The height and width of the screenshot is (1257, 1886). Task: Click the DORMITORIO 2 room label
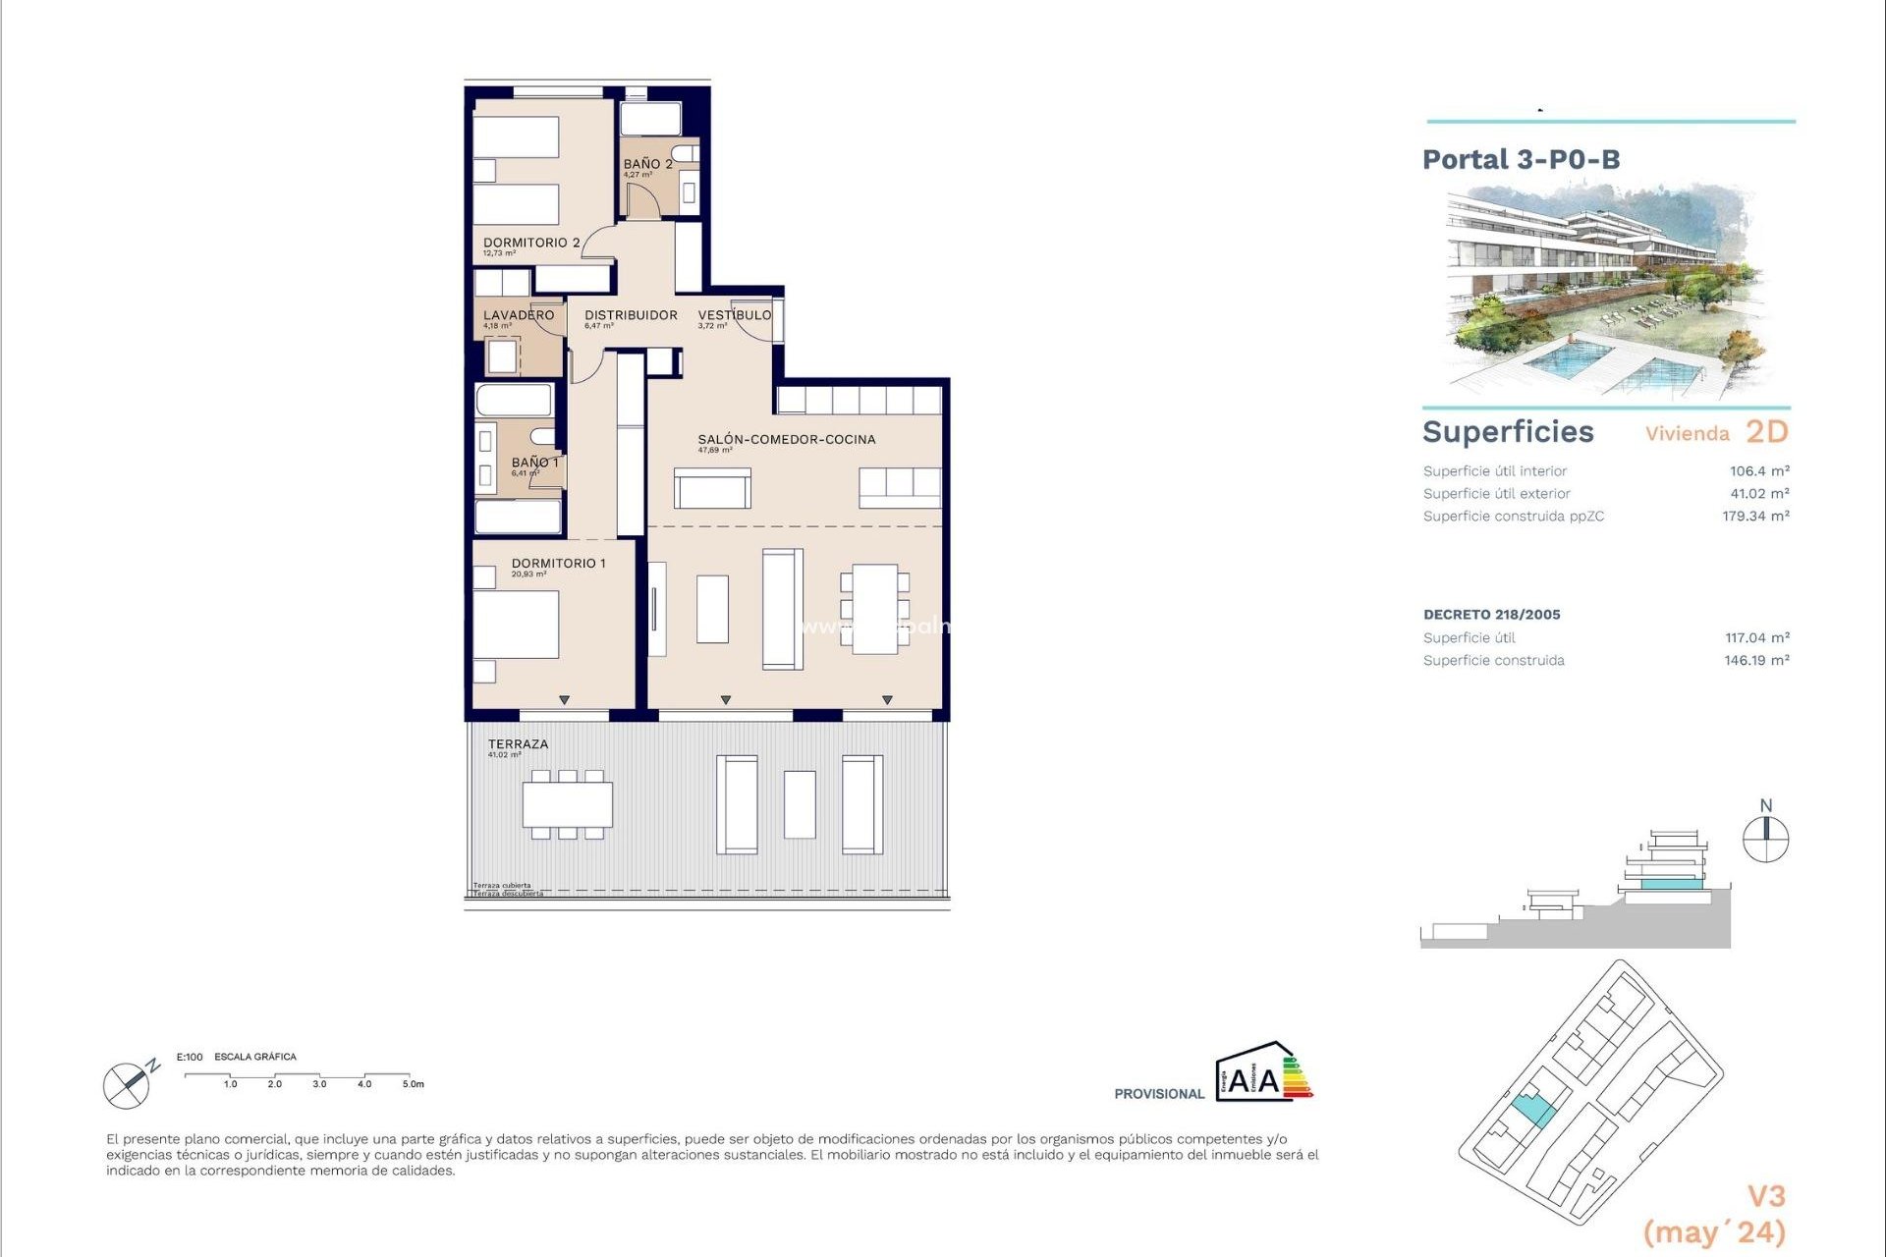point(531,243)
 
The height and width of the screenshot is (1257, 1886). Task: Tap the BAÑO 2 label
point(647,164)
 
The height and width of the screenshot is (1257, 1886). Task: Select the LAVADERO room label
point(519,315)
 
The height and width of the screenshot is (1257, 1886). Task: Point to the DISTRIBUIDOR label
point(631,315)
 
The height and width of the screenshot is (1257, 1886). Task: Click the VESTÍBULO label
point(735,315)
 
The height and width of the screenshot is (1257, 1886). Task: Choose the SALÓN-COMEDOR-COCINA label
point(787,439)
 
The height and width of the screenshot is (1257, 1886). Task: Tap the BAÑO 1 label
point(534,463)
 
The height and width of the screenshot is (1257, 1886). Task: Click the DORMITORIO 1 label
point(558,563)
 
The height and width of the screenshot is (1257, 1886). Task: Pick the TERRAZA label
point(518,744)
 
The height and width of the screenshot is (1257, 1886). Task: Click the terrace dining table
point(568,804)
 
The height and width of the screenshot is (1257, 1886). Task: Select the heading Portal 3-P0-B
point(1521,159)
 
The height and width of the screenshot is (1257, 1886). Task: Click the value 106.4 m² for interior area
point(1759,471)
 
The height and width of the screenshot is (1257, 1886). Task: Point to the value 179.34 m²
point(1755,517)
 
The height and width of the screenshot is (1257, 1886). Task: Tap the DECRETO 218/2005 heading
point(1491,615)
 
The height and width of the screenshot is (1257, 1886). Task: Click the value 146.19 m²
point(1756,661)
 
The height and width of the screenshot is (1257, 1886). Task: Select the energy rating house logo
point(1263,1072)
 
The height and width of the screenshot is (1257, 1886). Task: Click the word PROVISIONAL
point(1159,1094)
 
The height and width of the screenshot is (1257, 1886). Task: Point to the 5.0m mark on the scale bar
point(413,1084)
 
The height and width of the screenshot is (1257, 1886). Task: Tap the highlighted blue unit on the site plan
point(1532,1111)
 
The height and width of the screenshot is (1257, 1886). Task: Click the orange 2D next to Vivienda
point(1767,432)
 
